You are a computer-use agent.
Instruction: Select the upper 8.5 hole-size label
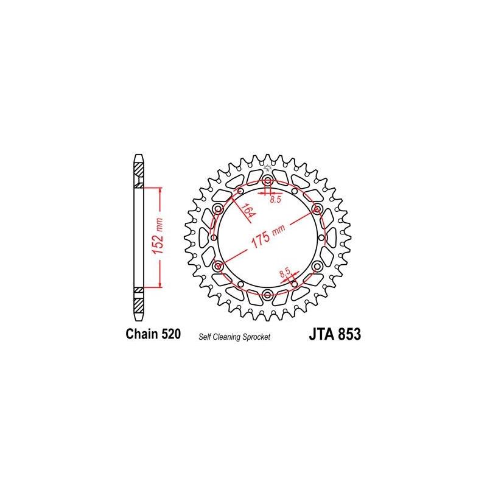pos(275,200)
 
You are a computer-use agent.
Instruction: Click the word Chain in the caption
pos(139,334)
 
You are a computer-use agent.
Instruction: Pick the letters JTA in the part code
pos(316,334)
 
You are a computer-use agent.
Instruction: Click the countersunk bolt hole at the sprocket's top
pos(268,180)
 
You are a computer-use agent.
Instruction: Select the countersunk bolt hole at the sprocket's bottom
pos(268,296)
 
